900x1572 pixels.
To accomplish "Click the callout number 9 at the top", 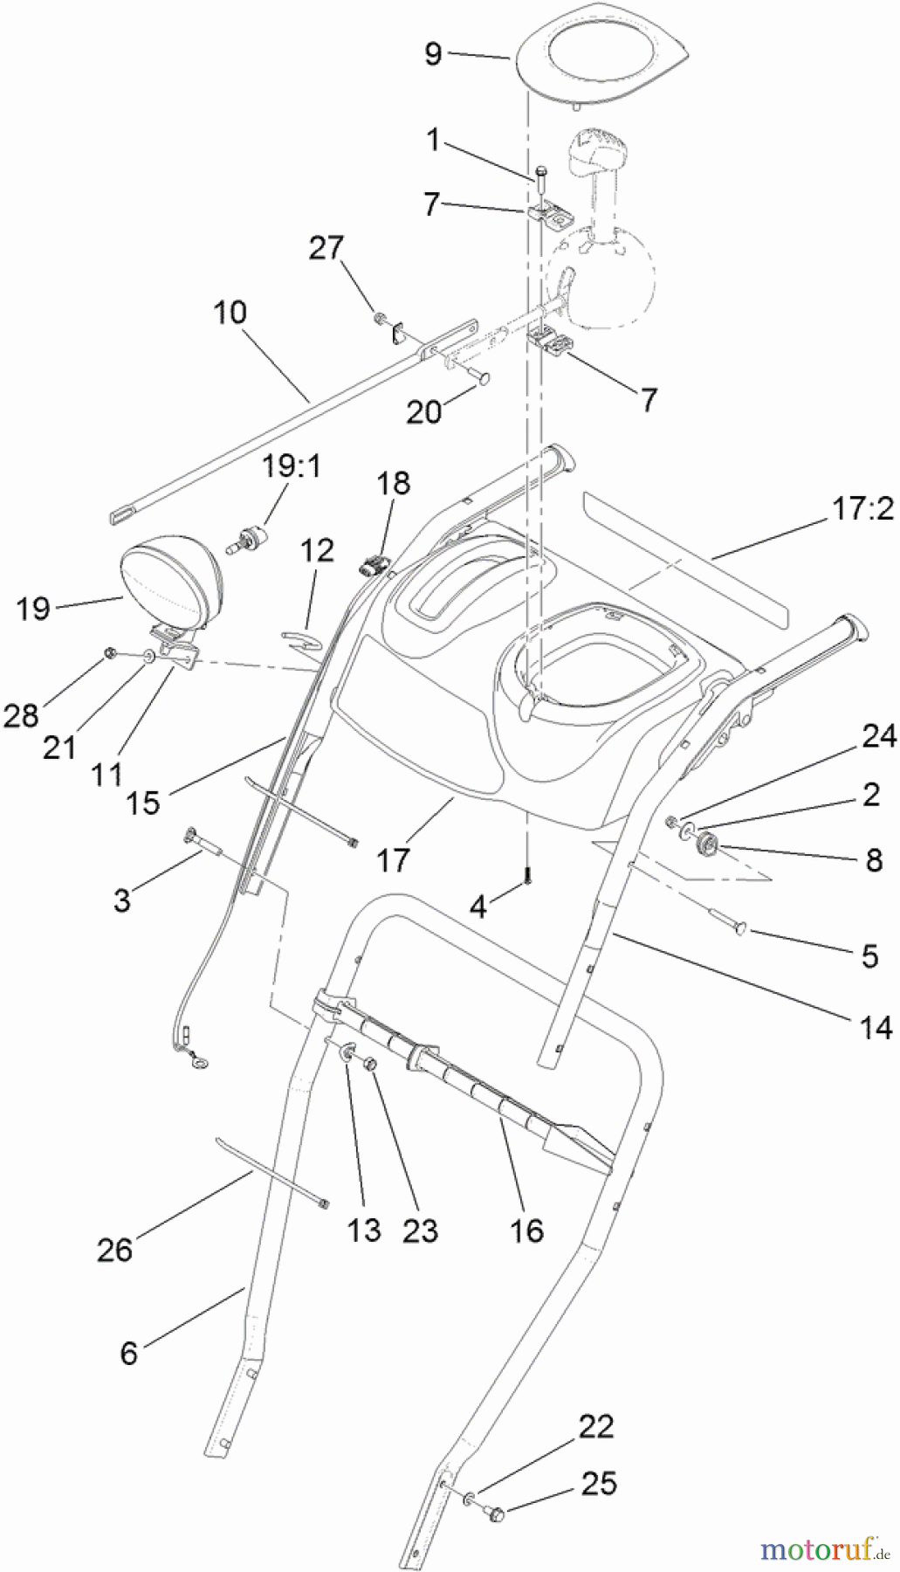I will tap(433, 53).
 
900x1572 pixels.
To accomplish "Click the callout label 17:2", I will tap(862, 509).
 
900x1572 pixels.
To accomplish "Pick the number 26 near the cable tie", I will tap(114, 1249).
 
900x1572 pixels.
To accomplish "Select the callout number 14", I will tap(876, 1026).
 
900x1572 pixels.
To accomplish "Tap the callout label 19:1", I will tap(292, 466).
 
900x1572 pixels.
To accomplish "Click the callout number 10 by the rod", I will tap(230, 312).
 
